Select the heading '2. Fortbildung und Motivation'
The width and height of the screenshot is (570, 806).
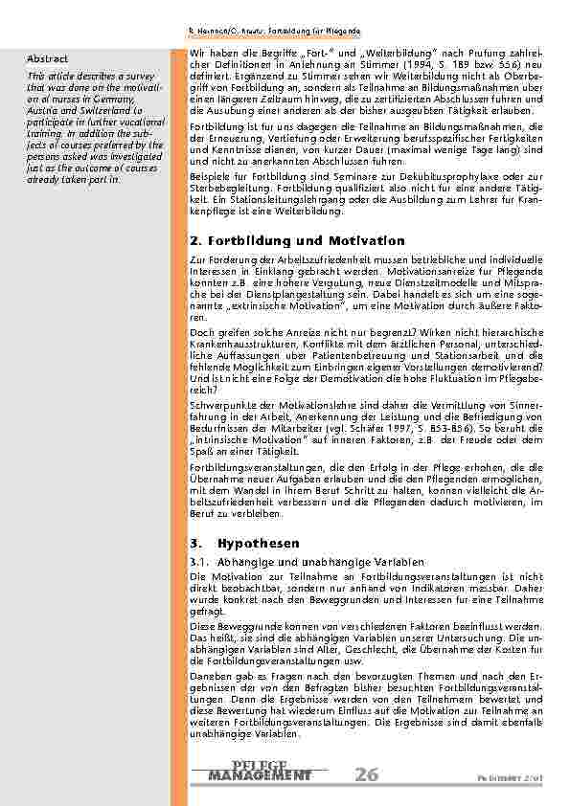pyautogui.click(x=297, y=240)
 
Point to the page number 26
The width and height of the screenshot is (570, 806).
pyautogui.click(x=365, y=774)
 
